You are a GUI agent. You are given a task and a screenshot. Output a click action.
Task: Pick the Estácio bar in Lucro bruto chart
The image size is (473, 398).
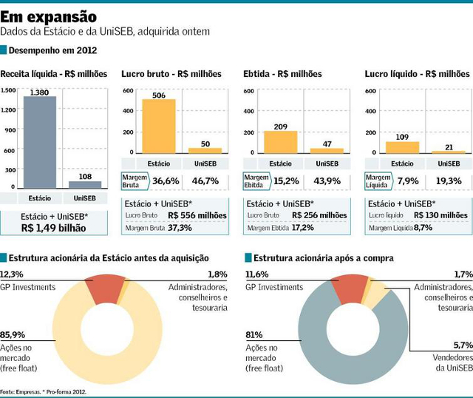tap(159, 126)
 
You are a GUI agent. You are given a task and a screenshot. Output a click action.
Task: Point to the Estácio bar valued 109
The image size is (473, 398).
tap(402, 146)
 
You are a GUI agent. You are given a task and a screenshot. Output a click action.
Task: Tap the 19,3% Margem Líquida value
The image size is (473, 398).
tap(449, 181)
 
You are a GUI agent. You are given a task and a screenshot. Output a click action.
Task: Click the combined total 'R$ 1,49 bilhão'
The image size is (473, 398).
tap(54, 228)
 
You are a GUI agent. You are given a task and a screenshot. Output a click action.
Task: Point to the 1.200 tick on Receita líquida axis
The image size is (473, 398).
tap(7, 110)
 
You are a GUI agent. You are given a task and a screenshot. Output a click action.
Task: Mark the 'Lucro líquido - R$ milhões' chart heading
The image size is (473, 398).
tap(417, 74)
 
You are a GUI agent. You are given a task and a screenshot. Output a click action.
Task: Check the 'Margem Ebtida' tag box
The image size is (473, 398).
tap(256, 181)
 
